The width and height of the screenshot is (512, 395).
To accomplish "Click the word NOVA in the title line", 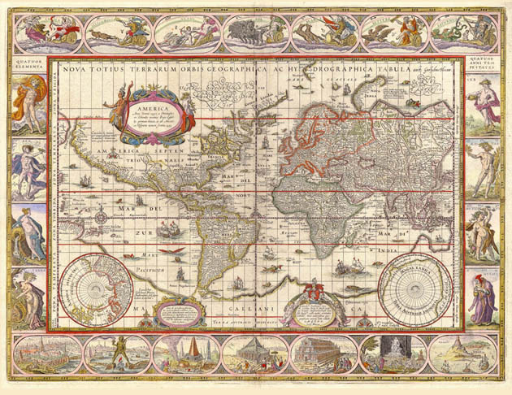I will point(75,68).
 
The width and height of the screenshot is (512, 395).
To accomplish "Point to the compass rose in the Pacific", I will point(101,217).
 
